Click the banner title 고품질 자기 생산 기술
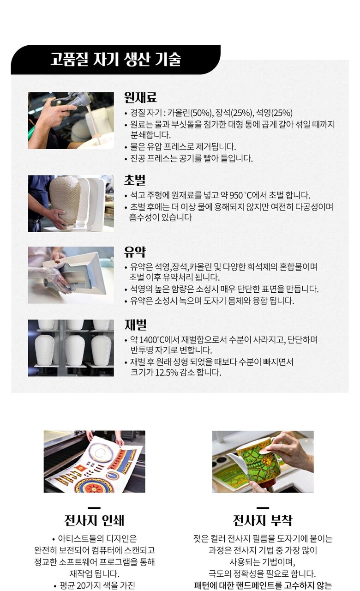(115, 59)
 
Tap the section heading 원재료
(140, 97)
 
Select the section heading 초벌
(135, 180)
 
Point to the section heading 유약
(135, 252)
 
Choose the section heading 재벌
(135, 325)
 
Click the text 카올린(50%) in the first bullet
(190, 113)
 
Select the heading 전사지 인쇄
(94, 520)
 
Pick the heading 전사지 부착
(263, 520)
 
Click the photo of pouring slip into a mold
(71, 121)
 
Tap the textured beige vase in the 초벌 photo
(65, 200)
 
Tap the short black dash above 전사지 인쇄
(94, 508)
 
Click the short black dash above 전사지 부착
(263, 508)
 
